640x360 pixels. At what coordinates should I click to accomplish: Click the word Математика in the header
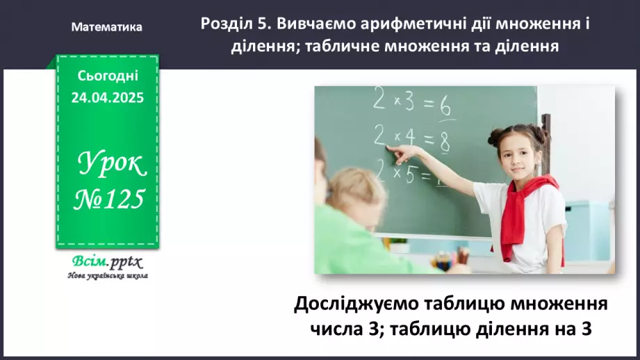(x=107, y=27)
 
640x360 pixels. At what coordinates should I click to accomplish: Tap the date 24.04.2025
(x=107, y=98)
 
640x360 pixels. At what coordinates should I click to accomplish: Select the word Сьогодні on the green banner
(x=107, y=76)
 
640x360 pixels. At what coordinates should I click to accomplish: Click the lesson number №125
(x=109, y=199)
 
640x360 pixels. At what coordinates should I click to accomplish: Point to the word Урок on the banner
(x=111, y=164)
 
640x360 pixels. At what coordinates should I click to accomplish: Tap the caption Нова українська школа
(x=108, y=275)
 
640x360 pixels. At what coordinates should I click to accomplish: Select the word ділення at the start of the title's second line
(x=261, y=46)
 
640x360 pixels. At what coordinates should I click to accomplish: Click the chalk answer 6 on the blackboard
(x=445, y=108)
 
